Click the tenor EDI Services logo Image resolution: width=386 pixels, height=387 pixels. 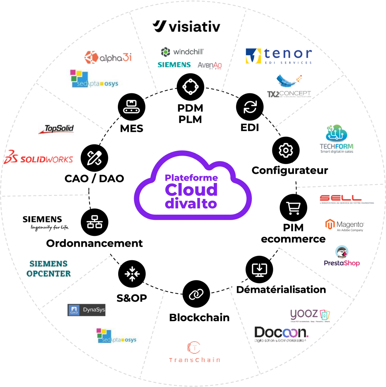tap(279, 56)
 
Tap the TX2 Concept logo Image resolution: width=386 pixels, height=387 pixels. tap(289, 87)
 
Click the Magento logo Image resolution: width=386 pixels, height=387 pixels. tap(346, 225)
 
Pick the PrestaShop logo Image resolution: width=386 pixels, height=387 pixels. tap(342, 256)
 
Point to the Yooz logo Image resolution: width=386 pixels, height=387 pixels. tap(310, 316)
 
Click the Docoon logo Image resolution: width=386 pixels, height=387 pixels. tap(281, 334)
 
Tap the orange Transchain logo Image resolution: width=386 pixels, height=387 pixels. tap(194, 352)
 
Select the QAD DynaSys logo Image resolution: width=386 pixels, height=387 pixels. tap(86, 310)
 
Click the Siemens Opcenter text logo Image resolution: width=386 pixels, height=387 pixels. tap(48, 268)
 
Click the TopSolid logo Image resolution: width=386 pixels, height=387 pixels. tap(56, 129)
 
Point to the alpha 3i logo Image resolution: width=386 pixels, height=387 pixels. tap(108, 57)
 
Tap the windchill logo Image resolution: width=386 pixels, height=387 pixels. tap(182, 52)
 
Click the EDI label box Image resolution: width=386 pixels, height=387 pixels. tap(250, 128)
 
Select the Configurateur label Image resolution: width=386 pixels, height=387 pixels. tap(290, 170)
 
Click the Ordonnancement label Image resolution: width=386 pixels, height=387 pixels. tap(94, 243)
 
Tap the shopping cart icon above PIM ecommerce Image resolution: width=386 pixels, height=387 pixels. tap(293, 208)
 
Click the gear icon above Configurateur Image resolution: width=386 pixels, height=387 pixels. tap(286, 150)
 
